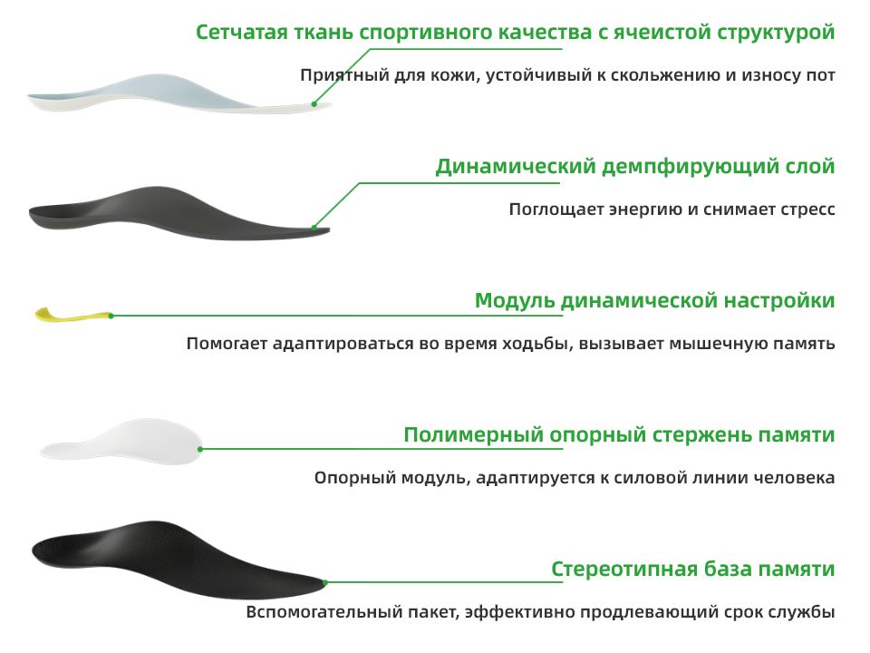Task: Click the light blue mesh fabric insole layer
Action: pos(178,93)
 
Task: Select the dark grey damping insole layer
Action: pos(179,213)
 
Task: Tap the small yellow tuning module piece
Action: pos(73,315)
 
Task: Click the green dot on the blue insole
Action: pos(314,103)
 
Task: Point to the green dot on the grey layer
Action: pos(314,227)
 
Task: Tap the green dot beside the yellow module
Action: pos(111,316)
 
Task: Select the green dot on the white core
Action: pos(200,449)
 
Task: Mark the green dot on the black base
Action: pos(325,582)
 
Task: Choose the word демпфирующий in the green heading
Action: pos(688,167)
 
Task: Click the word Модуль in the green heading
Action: pos(515,300)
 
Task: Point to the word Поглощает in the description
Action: pos(556,210)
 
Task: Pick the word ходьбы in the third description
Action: pos(537,344)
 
